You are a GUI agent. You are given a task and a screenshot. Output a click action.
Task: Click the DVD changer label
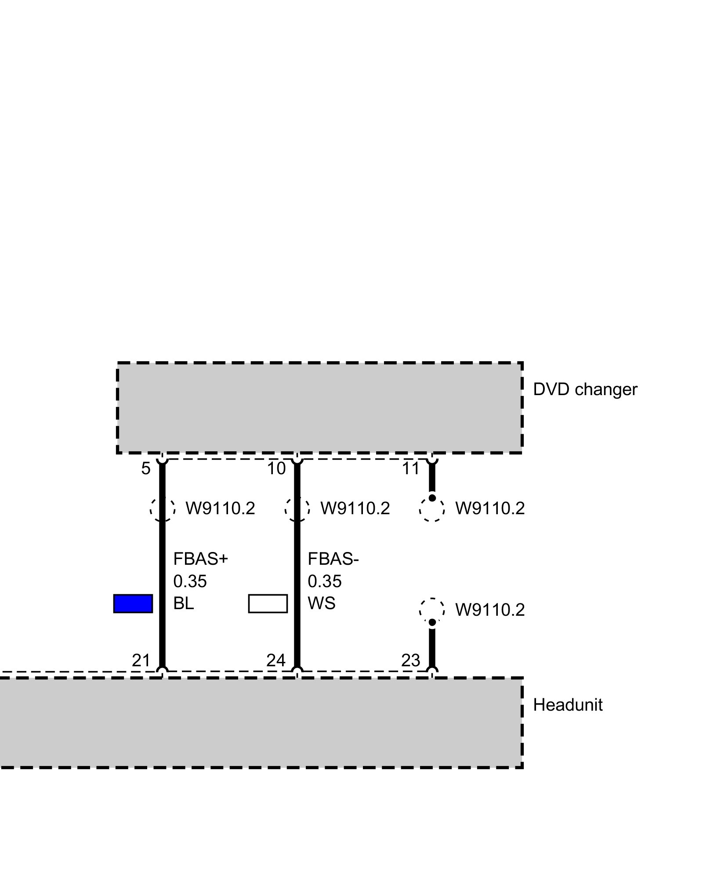point(584,390)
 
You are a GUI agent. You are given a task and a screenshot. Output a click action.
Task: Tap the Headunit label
point(567,705)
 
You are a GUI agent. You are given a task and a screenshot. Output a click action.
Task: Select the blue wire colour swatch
point(133,603)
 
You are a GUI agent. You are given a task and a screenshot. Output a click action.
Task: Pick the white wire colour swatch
point(268,603)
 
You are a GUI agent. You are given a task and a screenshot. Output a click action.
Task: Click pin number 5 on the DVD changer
point(145,469)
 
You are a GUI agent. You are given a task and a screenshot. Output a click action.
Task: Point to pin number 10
point(276,469)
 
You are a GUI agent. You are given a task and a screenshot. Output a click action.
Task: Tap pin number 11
point(411,469)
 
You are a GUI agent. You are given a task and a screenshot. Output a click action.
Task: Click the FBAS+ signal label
point(201,559)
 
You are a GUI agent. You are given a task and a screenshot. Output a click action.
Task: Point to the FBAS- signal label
point(333,559)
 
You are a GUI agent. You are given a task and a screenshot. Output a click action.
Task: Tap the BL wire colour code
point(183,603)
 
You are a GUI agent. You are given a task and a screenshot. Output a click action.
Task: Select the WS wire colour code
point(321,603)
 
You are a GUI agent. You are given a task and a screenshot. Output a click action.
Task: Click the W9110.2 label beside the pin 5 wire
point(220,509)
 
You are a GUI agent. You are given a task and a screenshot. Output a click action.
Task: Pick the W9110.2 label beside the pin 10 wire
point(355,509)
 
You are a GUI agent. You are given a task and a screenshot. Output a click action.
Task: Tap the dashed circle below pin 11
point(432,509)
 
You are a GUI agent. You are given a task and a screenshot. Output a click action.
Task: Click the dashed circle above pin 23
point(432,610)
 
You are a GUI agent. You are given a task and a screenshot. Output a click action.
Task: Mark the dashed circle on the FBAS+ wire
point(163,509)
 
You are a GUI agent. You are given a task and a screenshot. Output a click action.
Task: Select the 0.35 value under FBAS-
point(324,581)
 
